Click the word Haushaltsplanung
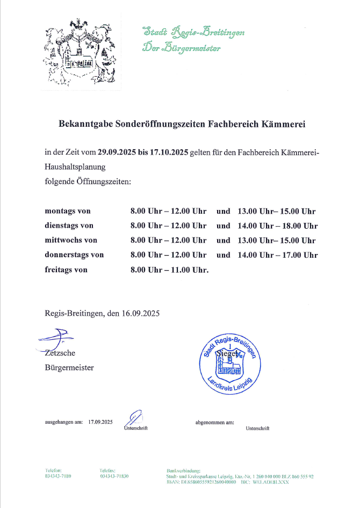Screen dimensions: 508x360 coord(75,167)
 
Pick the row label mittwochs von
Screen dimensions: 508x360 coord(71,241)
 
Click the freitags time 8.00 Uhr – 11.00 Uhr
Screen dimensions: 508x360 coord(169,270)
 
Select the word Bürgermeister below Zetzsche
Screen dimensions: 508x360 coord(69,367)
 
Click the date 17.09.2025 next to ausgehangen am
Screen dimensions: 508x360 coord(100,422)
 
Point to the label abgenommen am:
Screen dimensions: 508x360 coord(214,422)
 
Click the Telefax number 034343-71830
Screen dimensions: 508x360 coord(114,476)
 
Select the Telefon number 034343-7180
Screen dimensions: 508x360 coord(58,476)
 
